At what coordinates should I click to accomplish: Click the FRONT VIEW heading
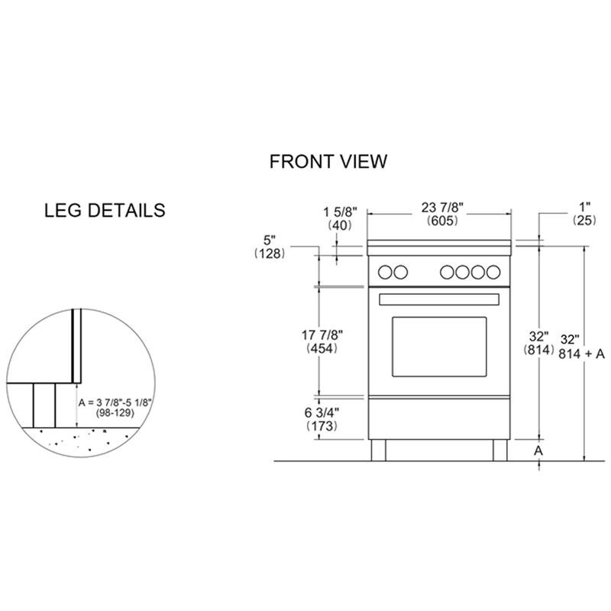pos(328,162)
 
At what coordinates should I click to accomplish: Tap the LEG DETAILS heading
pos(105,209)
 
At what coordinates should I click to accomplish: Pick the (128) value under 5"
pos(270,254)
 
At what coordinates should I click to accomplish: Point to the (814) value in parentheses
pos(538,351)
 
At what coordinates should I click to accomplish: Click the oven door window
pos(439,345)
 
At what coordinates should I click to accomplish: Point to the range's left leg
pos(379,451)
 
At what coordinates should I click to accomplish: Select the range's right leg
pos(501,451)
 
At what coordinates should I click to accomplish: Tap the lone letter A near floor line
pos(538,451)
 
